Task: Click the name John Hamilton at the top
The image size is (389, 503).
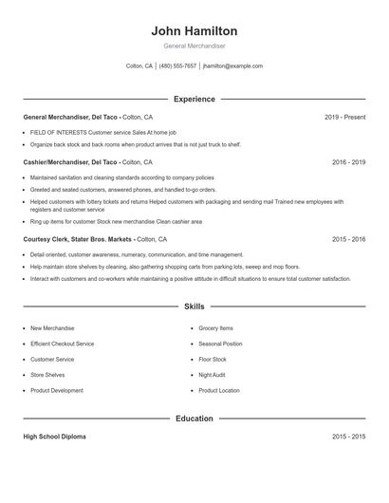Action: click(x=194, y=30)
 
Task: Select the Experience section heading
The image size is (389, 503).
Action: click(x=194, y=99)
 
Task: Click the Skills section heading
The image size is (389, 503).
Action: click(x=194, y=307)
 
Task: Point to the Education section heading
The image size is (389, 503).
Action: click(x=194, y=418)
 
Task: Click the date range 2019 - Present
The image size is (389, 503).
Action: click(x=344, y=117)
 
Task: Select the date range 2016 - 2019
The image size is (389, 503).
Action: click(x=348, y=162)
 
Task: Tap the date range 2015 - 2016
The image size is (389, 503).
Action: click(x=348, y=239)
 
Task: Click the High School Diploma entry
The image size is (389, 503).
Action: click(x=54, y=437)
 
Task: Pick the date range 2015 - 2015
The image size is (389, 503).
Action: click(x=348, y=437)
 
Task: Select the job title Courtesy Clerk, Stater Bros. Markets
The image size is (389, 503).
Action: click(x=78, y=239)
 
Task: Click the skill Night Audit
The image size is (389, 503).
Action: click(x=213, y=375)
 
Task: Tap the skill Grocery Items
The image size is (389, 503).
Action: click(x=214, y=327)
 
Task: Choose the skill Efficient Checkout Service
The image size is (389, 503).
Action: click(x=62, y=344)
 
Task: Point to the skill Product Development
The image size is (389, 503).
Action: click(x=57, y=390)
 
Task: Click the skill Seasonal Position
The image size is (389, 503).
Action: click(x=220, y=344)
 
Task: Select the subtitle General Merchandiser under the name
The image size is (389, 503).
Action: click(x=194, y=46)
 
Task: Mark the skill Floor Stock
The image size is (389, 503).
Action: click(x=213, y=360)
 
